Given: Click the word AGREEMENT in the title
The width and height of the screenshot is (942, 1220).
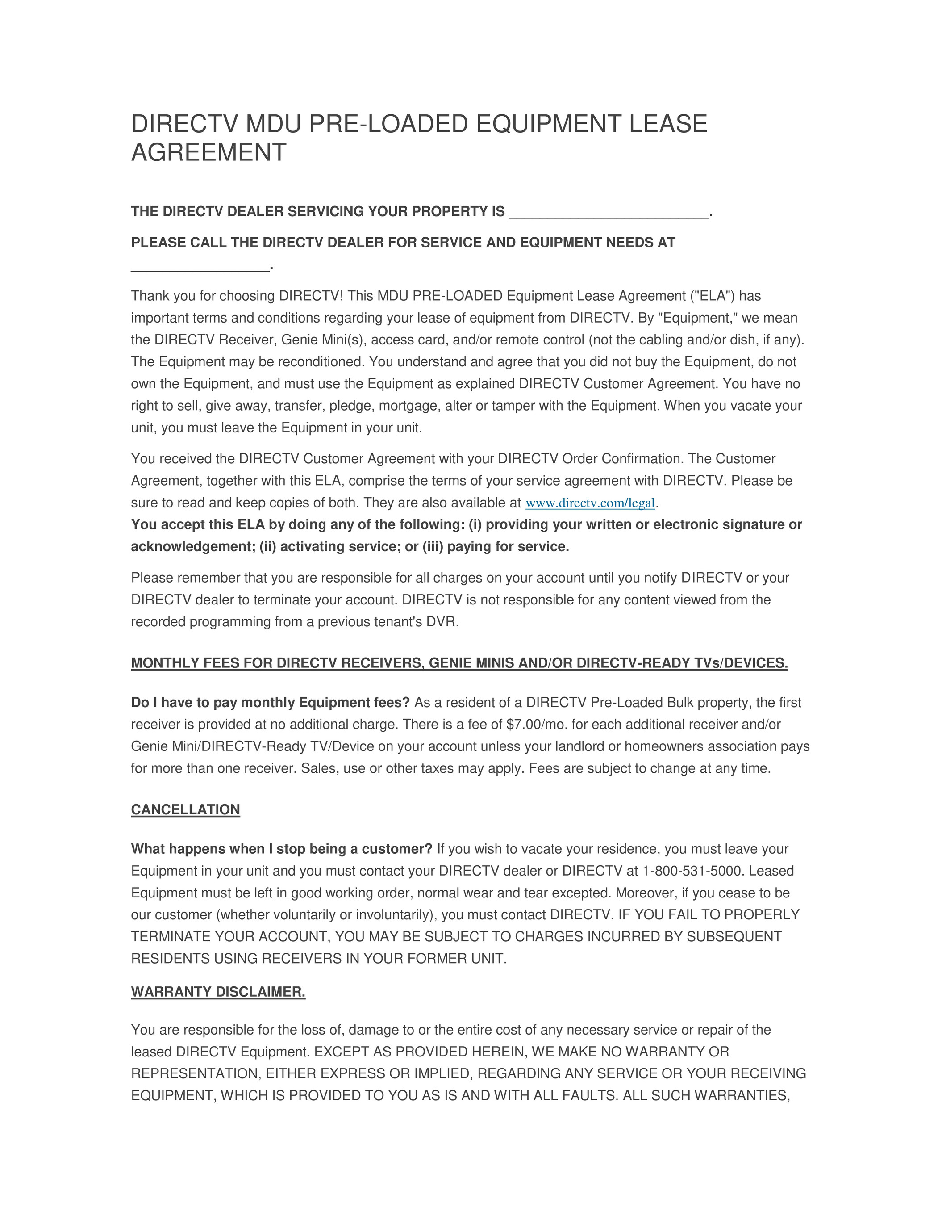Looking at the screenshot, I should pyautogui.click(x=208, y=152).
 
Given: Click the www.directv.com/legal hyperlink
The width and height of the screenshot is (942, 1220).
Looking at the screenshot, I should pyautogui.click(x=590, y=503).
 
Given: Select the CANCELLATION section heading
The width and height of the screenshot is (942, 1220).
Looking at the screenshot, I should pyautogui.click(x=185, y=809).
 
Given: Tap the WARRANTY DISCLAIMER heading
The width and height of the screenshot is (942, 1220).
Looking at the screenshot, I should pyautogui.click(x=218, y=992).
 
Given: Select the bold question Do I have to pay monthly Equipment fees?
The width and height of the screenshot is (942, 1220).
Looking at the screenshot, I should pyautogui.click(x=270, y=702).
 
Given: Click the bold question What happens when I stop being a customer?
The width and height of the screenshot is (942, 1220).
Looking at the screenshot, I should pyautogui.click(x=281, y=849).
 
